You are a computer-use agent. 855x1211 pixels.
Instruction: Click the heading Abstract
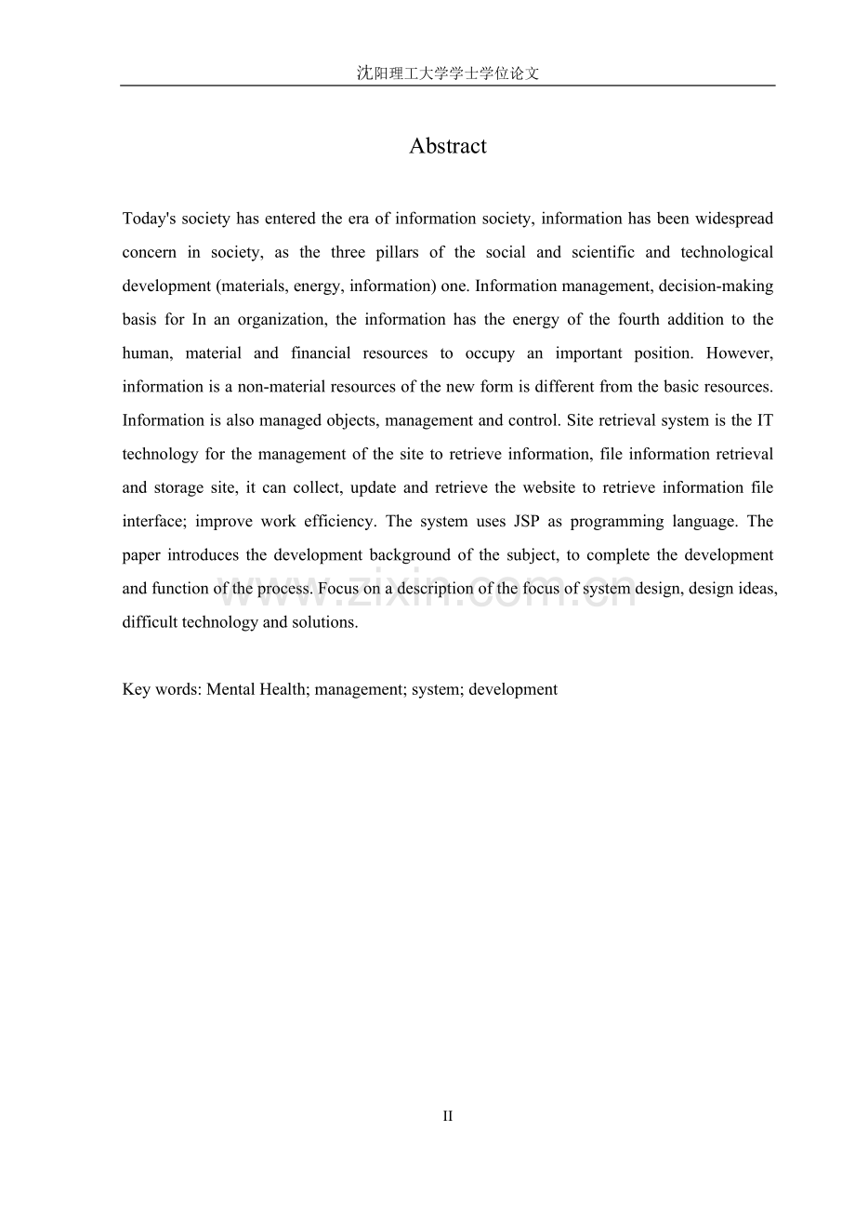(447, 146)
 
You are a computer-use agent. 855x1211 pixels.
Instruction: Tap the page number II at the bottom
(447, 1116)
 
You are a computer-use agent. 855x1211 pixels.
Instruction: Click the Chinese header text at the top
(447, 73)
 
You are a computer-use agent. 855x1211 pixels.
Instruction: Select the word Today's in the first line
(150, 220)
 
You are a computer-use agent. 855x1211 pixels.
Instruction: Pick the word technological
(727, 253)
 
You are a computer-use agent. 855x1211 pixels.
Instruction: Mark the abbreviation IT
(765, 420)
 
